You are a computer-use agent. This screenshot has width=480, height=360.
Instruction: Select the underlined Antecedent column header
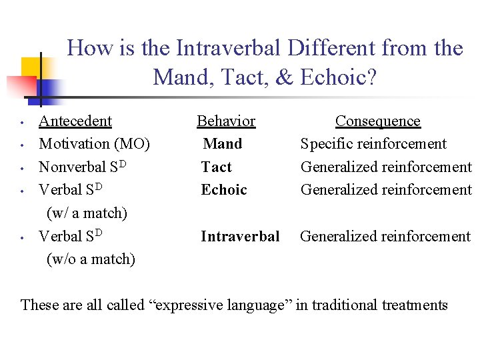pyautogui.click(x=75, y=121)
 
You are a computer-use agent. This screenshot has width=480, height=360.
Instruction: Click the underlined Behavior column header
pyautogui.click(x=226, y=121)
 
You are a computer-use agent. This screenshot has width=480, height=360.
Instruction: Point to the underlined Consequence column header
pyautogui.click(x=378, y=121)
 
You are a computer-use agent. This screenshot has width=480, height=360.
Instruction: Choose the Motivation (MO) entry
pyautogui.click(x=94, y=143)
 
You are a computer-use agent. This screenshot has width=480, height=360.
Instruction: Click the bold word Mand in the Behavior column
pyautogui.click(x=223, y=143)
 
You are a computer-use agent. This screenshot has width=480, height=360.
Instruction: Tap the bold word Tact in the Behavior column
pyautogui.click(x=217, y=167)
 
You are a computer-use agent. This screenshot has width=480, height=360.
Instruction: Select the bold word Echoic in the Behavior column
pyautogui.click(x=224, y=189)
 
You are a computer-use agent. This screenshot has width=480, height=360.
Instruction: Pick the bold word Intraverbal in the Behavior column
pyautogui.click(x=240, y=236)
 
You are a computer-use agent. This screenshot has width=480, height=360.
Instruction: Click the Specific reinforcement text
pyautogui.click(x=373, y=143)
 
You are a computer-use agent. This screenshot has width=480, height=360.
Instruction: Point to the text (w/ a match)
pyautogui.click(x=87, y=213)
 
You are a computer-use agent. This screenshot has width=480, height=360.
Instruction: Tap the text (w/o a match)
pyautogui.click(x=91, y=259)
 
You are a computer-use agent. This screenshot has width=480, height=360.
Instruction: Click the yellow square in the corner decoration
pyautogui.click(x=31, y=67)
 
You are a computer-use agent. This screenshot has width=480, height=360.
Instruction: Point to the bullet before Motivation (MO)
pyautogui.click(x=22, y=145)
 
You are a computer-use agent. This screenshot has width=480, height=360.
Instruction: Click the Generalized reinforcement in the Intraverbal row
pyautogui.click(x=385, y=236)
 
